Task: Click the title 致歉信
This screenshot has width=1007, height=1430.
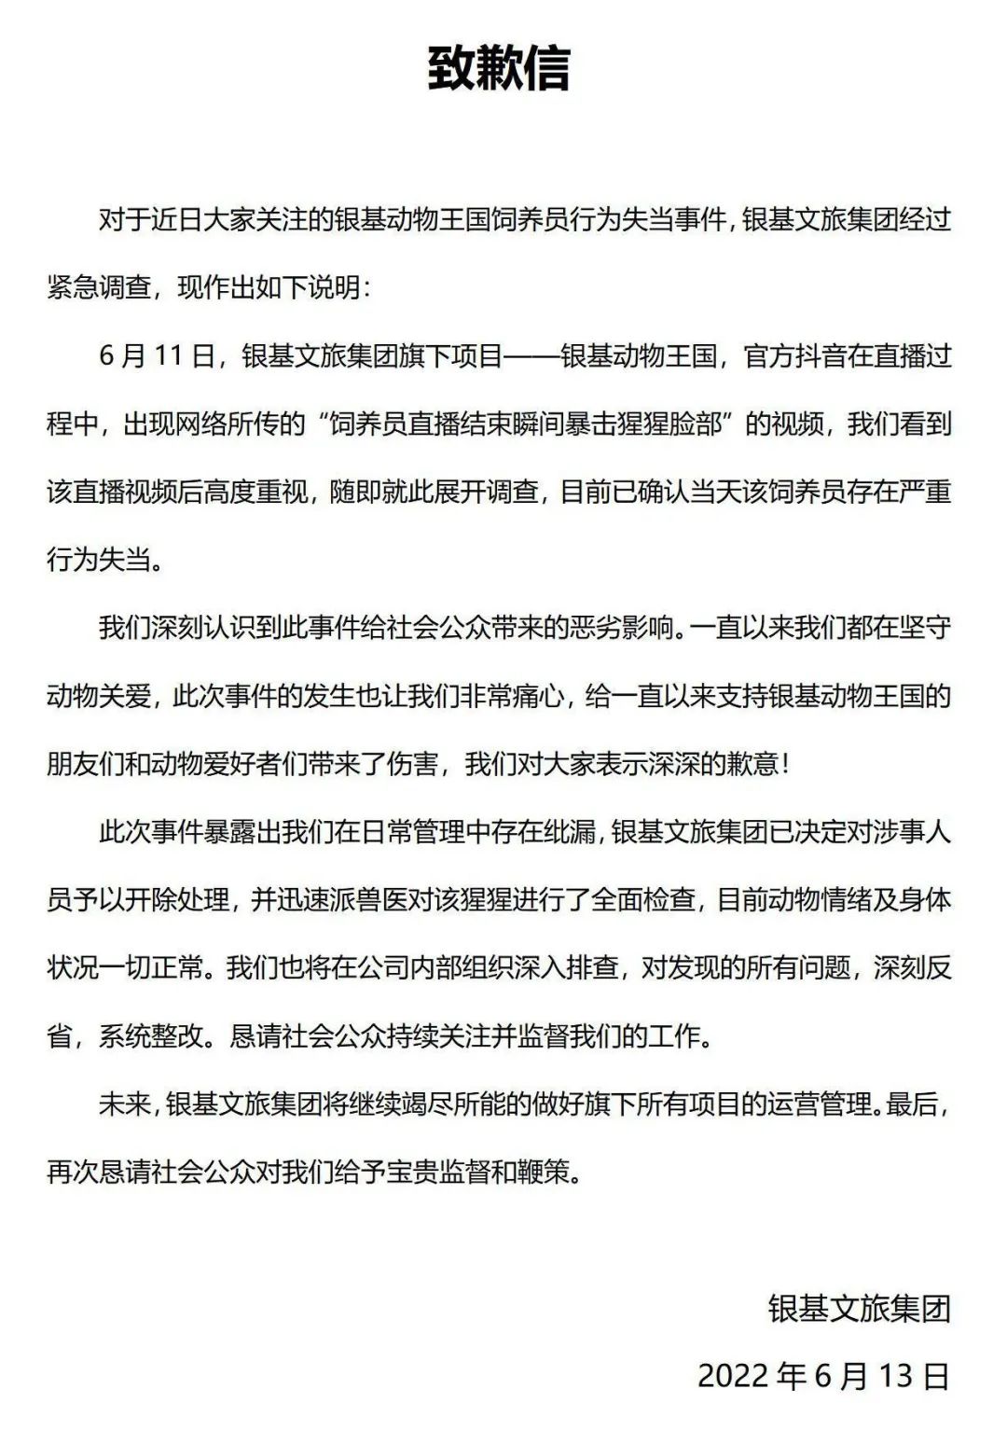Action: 499,68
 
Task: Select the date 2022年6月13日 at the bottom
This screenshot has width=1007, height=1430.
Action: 823,1376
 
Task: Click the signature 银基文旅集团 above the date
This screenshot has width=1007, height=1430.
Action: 859,1308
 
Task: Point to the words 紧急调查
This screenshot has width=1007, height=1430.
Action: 99,288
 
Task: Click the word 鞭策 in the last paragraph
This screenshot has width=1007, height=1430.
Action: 541,1173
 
